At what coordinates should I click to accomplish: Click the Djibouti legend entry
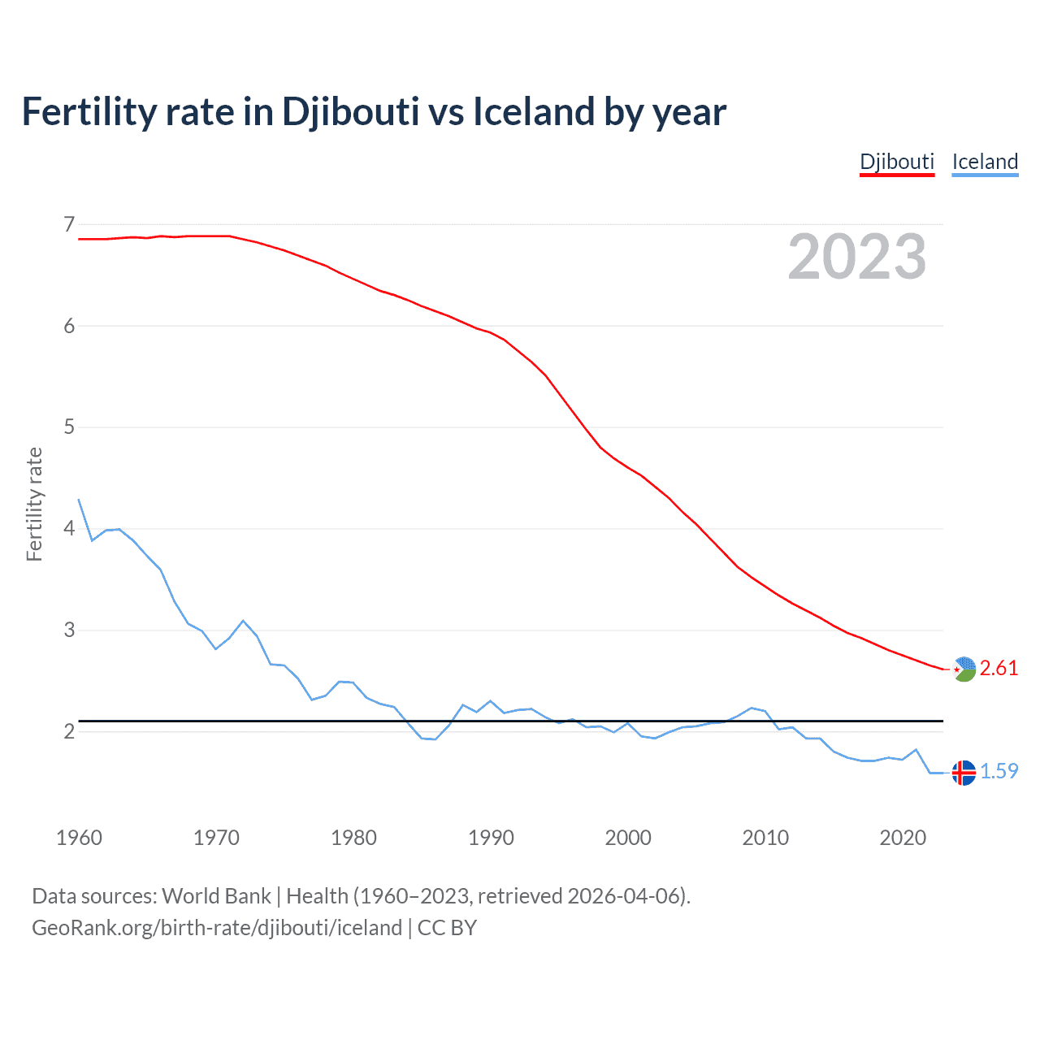click(897, 162)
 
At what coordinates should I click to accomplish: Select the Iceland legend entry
click(985, 162)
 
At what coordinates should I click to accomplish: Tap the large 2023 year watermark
click(856, 257)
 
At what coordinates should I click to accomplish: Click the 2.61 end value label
click(999, 668)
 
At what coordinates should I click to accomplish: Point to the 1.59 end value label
click(999, 771)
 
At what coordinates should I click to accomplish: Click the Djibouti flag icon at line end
click(964, 669)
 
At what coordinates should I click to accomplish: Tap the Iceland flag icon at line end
click(964, 773)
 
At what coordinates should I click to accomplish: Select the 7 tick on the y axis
click(69, 224)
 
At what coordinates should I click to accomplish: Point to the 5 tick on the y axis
click(69, 427)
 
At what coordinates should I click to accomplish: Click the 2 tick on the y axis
click(69, 731)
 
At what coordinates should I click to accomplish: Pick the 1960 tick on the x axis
click(79, 838)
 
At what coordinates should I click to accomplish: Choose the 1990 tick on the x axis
click(491, 838)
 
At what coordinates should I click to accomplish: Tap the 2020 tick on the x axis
click(903, 838)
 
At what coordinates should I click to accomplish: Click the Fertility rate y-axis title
click(34, 504)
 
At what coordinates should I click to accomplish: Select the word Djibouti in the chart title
click(350, 112)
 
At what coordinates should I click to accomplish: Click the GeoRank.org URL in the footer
click(217, 928)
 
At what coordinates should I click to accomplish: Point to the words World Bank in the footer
click(216, 896)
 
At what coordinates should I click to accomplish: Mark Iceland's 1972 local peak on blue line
click(243, 621)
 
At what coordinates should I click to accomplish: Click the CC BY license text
click(447, 928)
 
